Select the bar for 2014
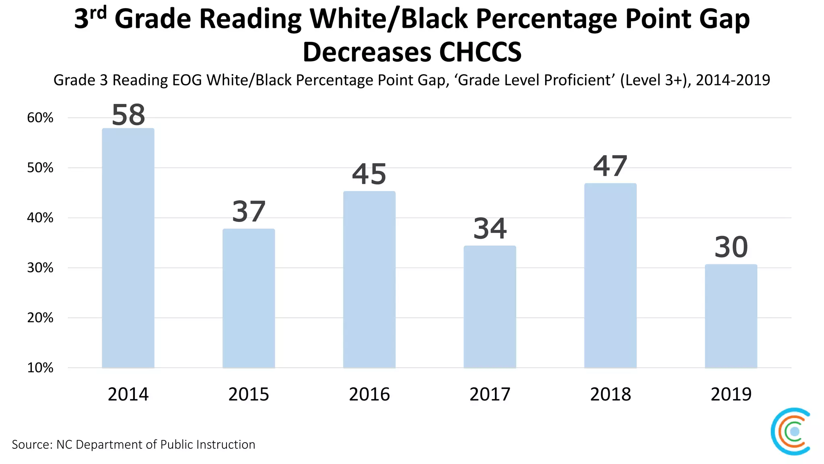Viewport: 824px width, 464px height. (128, 248)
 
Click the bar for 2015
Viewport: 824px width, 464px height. (249, 298)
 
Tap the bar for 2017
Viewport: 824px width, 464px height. (490, 307)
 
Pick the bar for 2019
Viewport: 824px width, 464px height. (731, 316)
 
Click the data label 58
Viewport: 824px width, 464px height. (128, 115)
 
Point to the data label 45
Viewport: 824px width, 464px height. (369, 174)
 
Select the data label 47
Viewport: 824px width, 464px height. (610, 166)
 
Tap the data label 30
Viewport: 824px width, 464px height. (731, 247)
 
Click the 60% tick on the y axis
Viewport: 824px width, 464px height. (40, 118)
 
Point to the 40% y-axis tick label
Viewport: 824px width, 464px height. (40, 218)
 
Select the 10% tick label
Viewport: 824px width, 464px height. (40, 368)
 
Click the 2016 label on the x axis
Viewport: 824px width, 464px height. (369, 394)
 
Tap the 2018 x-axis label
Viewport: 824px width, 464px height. (610, 394)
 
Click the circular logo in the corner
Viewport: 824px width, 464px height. (791, 431)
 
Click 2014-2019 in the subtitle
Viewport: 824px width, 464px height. (733, 80)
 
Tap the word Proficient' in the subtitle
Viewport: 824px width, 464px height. (575, 80)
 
